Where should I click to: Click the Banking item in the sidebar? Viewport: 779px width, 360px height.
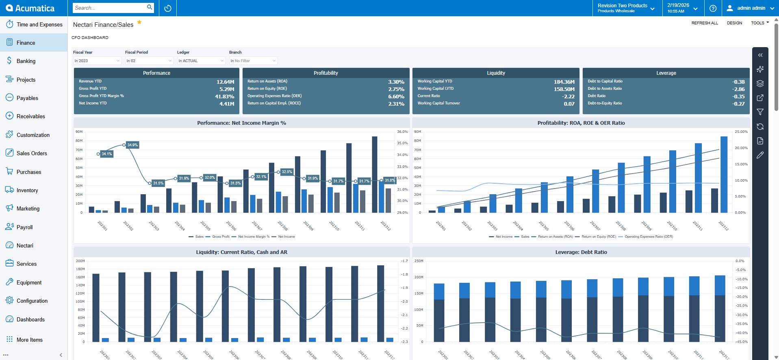pyautogui.click(x=26, y=61)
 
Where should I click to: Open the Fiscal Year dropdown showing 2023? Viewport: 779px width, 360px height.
pyautogui.click(x=97, y=61)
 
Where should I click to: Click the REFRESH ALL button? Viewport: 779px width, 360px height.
pyautogui.click(x=705, y=23)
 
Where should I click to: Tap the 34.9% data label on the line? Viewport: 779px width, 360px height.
pyautogui.click(x=132, y=145)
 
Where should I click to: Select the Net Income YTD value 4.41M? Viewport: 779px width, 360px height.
pyautogui.click(x=227, y=104)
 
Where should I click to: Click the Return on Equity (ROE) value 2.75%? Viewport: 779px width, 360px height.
pyautogui.click(x=396, y=89)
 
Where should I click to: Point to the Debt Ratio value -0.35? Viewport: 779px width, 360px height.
pyautogui.click(x=738, y=97)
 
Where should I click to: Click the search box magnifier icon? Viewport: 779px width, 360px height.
pyautogui.click(x=150, y=7)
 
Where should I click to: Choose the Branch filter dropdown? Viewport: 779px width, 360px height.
pyautogui.click(x=253, y=61)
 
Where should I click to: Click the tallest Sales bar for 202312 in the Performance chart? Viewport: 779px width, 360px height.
pyautogui.click(x=375, y=175)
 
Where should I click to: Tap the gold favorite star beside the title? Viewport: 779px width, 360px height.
pyautogui.click(x=139, y=22)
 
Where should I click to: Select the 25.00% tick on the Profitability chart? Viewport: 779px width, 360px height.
pyautogui.click(x=741, y=132)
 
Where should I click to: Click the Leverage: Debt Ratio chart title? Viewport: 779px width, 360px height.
pyautogui.click(x=581, y=252)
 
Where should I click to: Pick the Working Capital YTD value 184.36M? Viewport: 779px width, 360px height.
pyautogui.click(x=564, y=82)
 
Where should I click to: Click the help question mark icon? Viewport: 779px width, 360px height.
pyautogui.click(x=713, y=8)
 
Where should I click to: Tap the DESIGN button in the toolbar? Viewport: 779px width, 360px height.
pyautogui.click(x=734, y=23)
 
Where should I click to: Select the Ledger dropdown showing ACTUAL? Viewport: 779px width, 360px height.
pyautogui.click(x=201, y=61)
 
